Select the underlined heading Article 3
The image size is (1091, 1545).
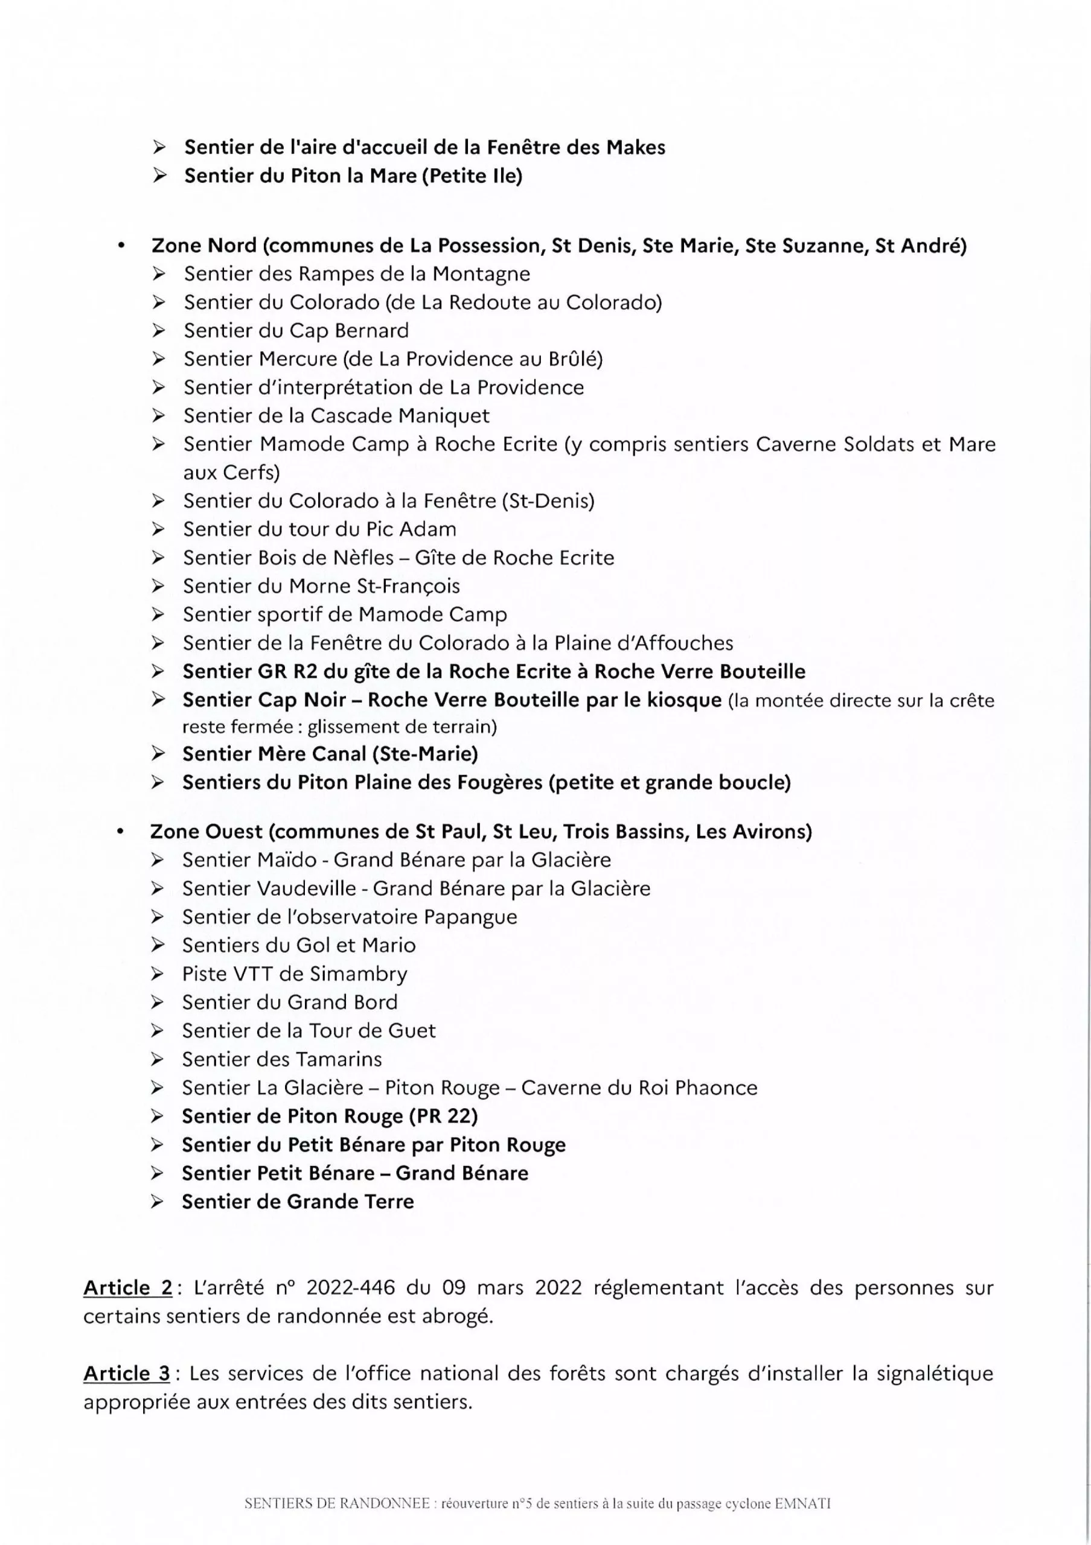click(127, 1374)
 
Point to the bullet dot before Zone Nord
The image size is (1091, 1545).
click(121, 246)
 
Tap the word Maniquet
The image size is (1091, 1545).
click(444, 416)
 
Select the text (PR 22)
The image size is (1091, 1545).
click(444, 1117)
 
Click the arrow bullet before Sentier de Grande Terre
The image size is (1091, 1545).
click(158, 1202)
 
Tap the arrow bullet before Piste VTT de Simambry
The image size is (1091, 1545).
click(158, 973)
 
